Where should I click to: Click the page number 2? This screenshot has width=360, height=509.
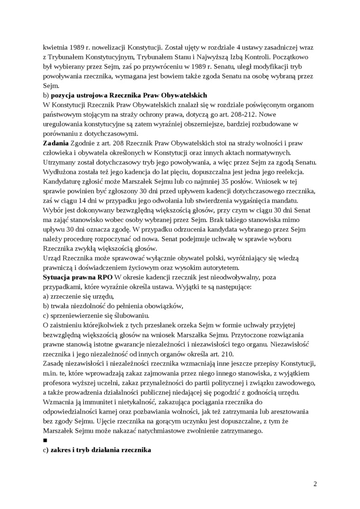(315, 483)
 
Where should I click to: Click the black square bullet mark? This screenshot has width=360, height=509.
(45, 440)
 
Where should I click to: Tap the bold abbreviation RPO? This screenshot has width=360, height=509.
(104, 277)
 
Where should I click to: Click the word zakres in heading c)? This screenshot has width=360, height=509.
(61, 450)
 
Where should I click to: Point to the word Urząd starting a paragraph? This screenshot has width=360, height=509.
(53, 259)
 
